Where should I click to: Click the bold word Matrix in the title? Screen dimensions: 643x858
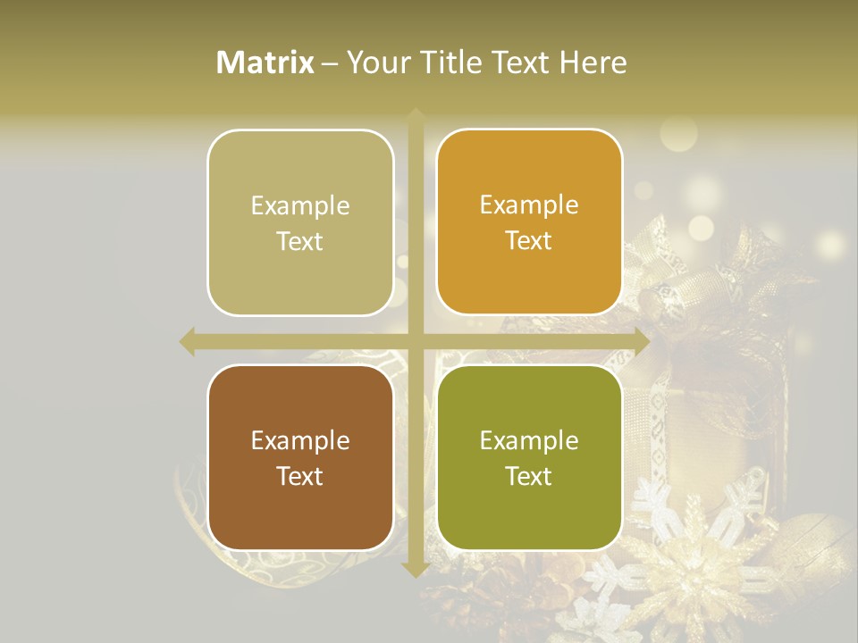coord(265,63)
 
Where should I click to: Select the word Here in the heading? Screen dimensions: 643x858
coord(593,63)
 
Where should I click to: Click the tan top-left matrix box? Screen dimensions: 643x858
coord(300,222)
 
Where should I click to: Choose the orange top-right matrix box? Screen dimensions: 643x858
coord(529,221)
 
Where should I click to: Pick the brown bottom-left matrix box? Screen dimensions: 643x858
coord(300,457)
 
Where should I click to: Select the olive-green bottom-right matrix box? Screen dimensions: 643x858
coord(529,457)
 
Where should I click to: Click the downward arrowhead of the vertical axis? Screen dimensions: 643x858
coord(416,569)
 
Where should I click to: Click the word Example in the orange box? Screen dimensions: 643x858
coord(529,205)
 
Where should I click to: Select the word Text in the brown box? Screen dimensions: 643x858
coord(300,476)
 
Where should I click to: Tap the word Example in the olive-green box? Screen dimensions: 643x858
coord(529,440)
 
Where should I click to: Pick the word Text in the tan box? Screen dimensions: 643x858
coord(300,241)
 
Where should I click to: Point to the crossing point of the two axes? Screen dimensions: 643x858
coord(416,341)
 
